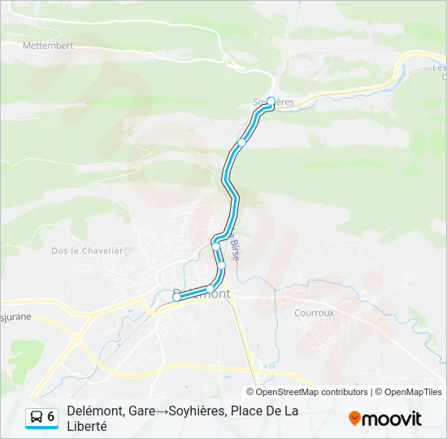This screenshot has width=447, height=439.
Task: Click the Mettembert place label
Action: click(48, 46)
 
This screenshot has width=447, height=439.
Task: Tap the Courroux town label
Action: click(314, 312)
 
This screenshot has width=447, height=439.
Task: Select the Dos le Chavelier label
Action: click(87, 251)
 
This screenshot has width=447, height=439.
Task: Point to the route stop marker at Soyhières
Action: click(271, 102)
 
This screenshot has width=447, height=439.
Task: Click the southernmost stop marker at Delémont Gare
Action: click(176, 298)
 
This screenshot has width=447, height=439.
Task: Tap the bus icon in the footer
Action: click(37, 417)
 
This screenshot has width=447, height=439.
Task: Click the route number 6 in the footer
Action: click(51, 417)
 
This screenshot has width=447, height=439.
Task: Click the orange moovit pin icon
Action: click(354, 419)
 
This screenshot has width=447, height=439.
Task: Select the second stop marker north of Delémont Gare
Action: click(221, 266)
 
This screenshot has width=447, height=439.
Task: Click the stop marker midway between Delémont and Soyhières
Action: click(241, 142)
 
